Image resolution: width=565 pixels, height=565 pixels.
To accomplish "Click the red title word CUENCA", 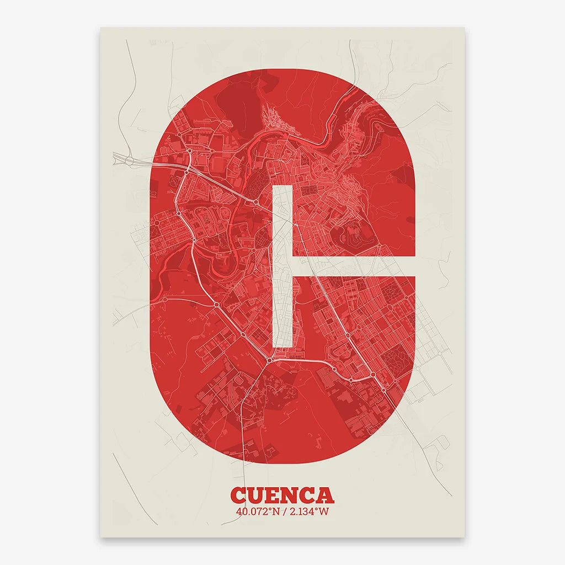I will [282, 494].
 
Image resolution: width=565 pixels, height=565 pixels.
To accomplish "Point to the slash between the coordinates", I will [282, 511].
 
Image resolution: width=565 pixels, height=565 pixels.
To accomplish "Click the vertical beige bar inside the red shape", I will [282, 265].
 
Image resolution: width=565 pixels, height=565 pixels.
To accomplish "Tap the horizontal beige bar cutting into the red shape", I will [353, 267].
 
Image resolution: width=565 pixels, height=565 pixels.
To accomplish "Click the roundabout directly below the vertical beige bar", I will [269, 361].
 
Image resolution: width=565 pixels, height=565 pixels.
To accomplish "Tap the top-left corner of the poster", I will [100, 28].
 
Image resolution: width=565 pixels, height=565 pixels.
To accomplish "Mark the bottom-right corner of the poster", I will [465, 537].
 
